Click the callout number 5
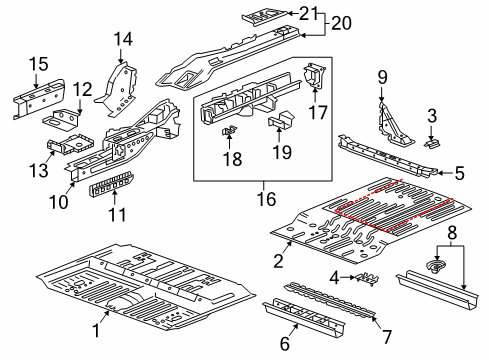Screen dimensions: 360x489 coord(459,172)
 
